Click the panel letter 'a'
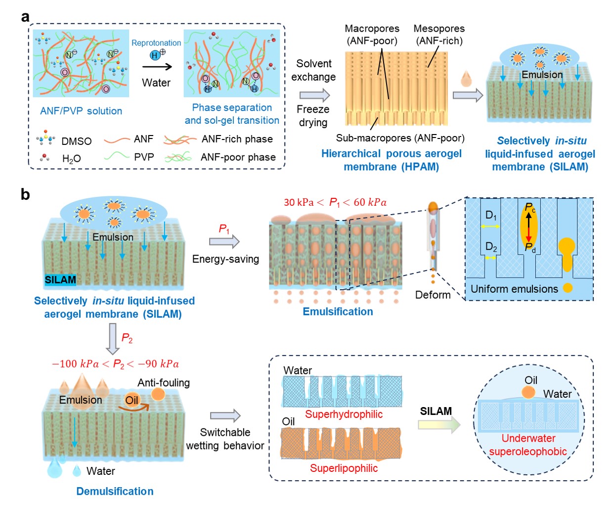point(25,17)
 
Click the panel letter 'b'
point(25,194)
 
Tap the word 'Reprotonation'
point(156,43)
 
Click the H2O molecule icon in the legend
point(45,157)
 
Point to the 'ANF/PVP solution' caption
point(81,111)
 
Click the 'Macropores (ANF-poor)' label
point(372,35)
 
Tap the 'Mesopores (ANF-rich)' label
point(439,35)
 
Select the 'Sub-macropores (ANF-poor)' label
point(400,138)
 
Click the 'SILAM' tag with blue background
point(60,280)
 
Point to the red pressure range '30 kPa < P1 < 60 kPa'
point(335,202)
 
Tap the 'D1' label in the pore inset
point(491,215)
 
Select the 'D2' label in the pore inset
point(491,247)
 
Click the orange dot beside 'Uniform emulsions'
point(567,288)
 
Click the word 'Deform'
point(433,295)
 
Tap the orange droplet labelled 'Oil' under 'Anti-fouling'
point(132,400)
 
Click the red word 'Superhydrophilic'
point(344,414)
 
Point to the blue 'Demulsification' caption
point(115,491)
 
